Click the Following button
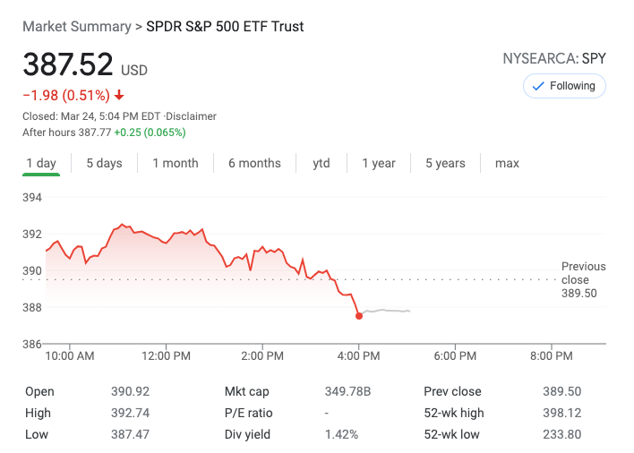pyautogui.click(x=564, y=86)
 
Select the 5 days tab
pyautogui.click(x=104, y=163)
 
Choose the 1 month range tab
pyautogui.click(x=176, y=163)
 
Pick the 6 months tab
pyautogui.click(x=254, y=163)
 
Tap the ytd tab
pyautogui.click(x=321, y=163)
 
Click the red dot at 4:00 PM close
pyautogui.click(x=359, y=315)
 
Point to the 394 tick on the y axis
pyautogui.click(x=32, y=197)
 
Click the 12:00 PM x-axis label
pyautogui.click(x=167, y=356)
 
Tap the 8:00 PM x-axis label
pyautogui.click(x=551, y=356)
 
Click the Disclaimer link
pyautogui.click(x=191, y=116)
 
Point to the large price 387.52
pyautogui.click(x=68, y=65)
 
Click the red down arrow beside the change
pyautogui.click(x=119, y=96)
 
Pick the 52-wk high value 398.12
pyautogui.click(x=561, y=413)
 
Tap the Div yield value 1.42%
pyautogui.click(x=341, y=434)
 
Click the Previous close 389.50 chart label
pyautogui.click(x=583, y=279)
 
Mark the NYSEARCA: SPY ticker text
pyautogui.click(x=555, y=59)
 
